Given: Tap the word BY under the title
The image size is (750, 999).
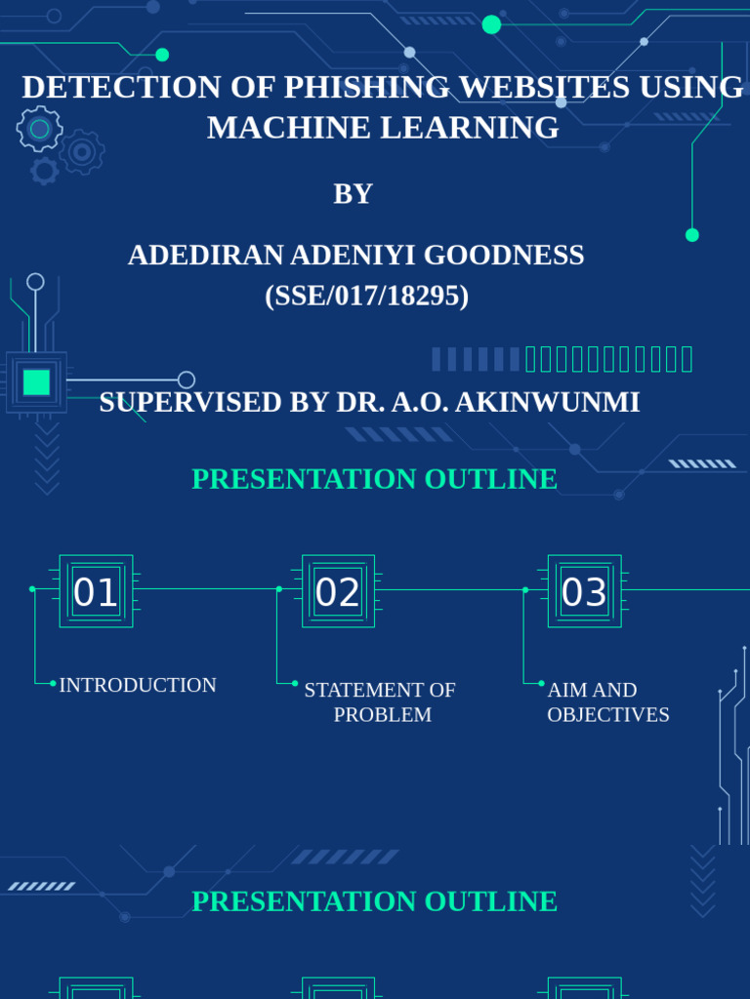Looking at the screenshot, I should click(x=353, y=194).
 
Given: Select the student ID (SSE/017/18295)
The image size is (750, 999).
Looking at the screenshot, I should click(x=366, y=296).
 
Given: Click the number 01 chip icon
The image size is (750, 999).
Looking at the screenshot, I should click(x=96, y=591).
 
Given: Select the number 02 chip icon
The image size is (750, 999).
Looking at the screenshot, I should click(x=338, y=591).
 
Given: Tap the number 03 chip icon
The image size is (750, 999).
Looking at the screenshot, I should click(x=584, y=591).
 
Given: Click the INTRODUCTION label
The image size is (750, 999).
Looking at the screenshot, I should click(x=138, y=685).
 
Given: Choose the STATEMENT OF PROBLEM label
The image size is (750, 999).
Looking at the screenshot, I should click(x=380, y=701).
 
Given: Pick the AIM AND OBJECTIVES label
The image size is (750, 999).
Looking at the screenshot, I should click(x=607, y=701).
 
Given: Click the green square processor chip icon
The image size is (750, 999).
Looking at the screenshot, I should click(x=36, y=381).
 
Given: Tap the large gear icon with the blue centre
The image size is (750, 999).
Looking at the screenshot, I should click(x=40, y=129).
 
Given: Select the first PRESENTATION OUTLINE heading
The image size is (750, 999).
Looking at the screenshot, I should click(x=374, y=479).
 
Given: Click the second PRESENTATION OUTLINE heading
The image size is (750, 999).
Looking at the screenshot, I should click(x=374, y=901).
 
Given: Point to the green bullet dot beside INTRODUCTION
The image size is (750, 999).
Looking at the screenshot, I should click(x=53, y=684).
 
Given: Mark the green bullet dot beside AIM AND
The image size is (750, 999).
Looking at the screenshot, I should click(x=541, y=684).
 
